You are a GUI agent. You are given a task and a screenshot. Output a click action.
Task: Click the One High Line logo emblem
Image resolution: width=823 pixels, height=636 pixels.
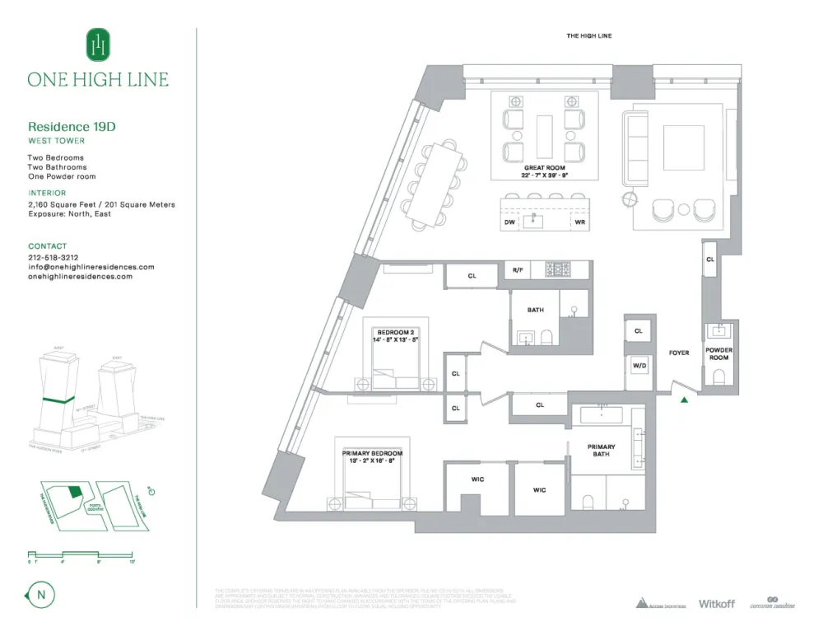pyautogui.click(x=98, y=44)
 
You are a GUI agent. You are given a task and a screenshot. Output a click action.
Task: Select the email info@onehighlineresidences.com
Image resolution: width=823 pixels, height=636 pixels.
pyautogui.click(x=91, y=267)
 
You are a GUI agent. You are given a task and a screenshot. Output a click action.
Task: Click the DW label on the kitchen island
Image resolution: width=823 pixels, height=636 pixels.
pyautogui.click(x=509, y=222)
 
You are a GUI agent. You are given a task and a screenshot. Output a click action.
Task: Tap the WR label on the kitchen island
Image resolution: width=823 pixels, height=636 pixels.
pyautogui.click(x=579, y=222)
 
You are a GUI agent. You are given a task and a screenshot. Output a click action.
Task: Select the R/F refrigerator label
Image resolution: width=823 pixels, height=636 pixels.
pyautogui.click(x=517, y=270)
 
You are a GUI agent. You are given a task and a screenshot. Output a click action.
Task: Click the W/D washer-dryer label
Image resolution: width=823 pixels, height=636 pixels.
pyautogui.click(x=639, y=365)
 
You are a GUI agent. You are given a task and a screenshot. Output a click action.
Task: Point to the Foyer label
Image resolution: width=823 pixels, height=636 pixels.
pyautogui.click(x=679, y=353)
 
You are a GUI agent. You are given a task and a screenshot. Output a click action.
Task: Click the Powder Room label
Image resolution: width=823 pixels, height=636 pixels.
pyautogui.click(x=719, y=353)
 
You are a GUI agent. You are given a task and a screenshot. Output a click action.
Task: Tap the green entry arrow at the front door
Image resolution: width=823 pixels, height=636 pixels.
pyautogui.click(x=684, y=401)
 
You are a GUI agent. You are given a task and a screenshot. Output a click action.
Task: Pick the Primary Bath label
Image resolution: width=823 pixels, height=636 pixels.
pyautogui.click(x=601, y=450)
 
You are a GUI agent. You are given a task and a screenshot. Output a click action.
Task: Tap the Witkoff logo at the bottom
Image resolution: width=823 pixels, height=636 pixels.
pyautogui.click(x=716, y=604)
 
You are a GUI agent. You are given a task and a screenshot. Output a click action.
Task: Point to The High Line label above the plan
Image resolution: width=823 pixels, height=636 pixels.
pyautogui.click(x=588, y=36)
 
